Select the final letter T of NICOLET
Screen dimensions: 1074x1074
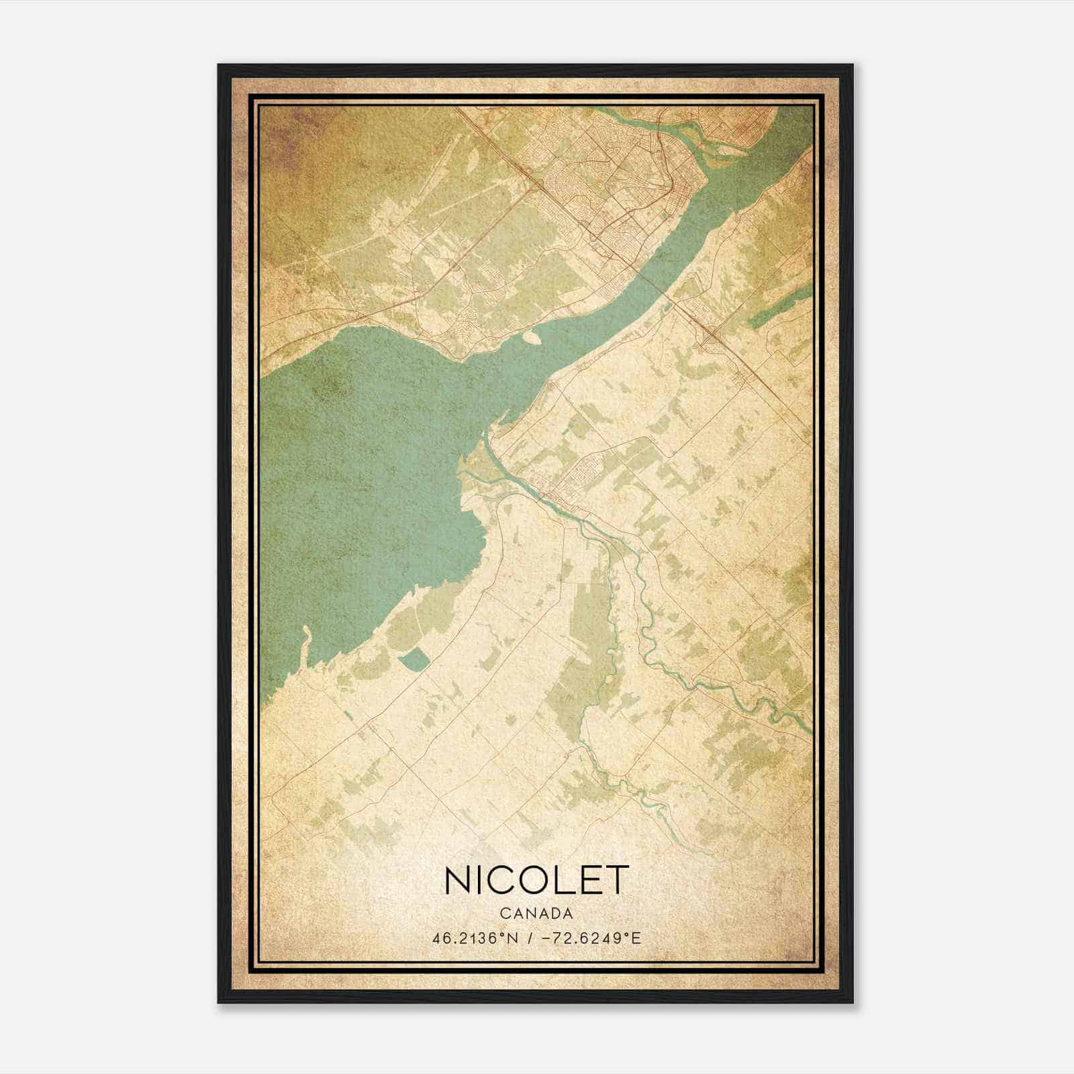616,879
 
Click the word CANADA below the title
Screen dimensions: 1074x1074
536,914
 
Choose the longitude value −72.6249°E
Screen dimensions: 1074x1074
591,938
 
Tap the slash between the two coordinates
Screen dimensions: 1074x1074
530,938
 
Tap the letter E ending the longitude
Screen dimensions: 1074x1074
636,938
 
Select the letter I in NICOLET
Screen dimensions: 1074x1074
478,879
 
